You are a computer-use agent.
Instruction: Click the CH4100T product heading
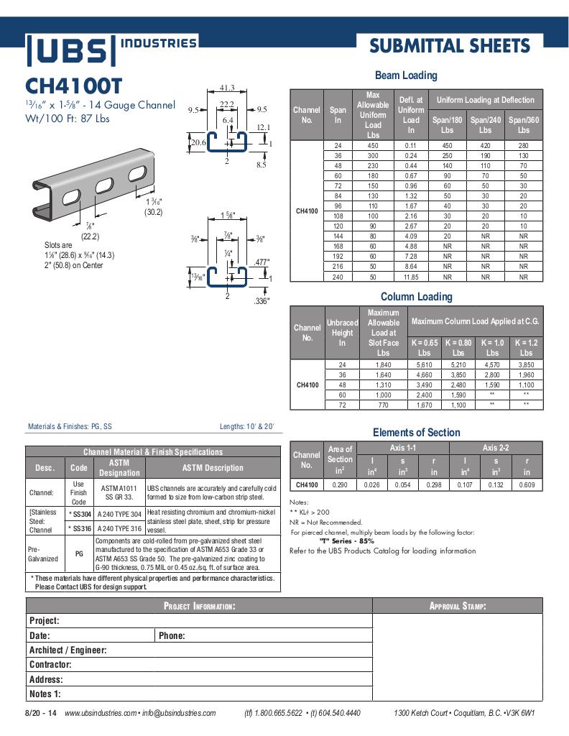pyautogui.click(x=78, y=86)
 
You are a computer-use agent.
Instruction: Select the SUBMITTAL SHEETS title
pyautogui.click(x=450, y=47)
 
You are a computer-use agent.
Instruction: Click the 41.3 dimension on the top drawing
pyautogui.click(x=227, y=88)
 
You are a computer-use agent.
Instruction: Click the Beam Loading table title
pyautogui.click(x=406, y=75)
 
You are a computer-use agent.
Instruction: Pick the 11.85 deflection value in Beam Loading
pyautogui.click(x=411, y=276)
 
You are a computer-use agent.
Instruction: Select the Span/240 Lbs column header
pyautogui.click(x=486, y=125)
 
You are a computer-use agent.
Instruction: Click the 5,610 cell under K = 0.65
pyautogui.click(x=425, y=365)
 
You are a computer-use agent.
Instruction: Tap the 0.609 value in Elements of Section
pyautogui.click(x=527, y=485)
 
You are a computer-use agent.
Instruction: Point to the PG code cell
pyautogui.click(x=79, y=554)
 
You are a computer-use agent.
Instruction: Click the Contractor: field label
pyautogui.click(x=50, y=665)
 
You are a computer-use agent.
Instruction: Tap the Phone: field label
pyautogui.click(x=172, y=635)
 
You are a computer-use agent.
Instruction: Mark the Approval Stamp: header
pyautogui.click(x=458, y=606)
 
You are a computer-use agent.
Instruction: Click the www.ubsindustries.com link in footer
pyautogui.click(x=100, y=713)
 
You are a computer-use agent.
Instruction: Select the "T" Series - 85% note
pyautogui.click(x=347, y=540)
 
